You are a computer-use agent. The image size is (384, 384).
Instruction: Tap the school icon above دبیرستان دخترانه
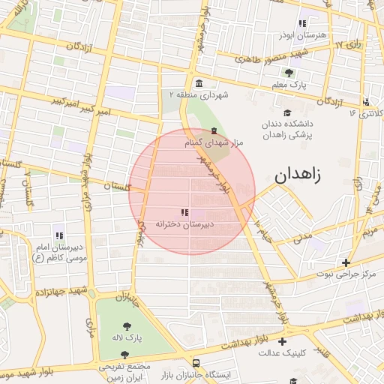(x=184, y=212)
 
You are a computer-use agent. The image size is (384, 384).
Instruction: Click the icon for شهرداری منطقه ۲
(x=198, y=83)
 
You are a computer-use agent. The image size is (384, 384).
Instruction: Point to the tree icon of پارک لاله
(x=124, y=326)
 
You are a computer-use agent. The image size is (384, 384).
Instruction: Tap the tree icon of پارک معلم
(x=289, y=73)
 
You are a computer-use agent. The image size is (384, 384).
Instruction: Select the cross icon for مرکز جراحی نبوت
(x=345, y=262)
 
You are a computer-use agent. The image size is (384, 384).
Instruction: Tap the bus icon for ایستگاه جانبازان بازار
(x=196, y=361)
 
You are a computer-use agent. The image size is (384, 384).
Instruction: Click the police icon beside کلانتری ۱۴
(x=365, y=102)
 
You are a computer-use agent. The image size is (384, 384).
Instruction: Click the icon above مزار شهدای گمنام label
(x=214, y=131)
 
